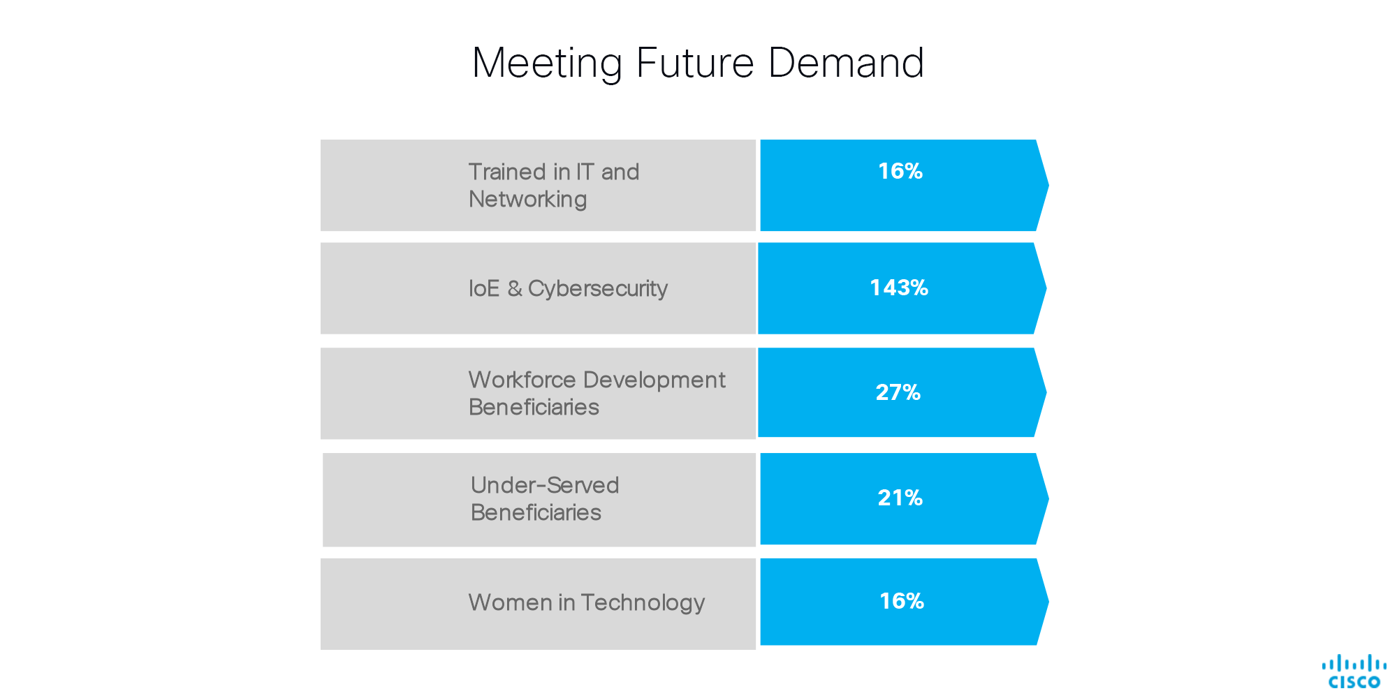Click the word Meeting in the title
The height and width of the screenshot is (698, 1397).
click(x=546, y=64)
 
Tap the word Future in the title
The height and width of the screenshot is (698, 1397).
click(x=695, y=63)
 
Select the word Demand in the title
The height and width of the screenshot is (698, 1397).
click(x=846, y=63)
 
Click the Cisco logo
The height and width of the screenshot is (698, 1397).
click(x=1354, y=671)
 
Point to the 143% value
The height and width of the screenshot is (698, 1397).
click(x=898, y=288)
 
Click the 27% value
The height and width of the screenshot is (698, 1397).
click(x=898, y=392)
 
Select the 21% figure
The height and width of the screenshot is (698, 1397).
click(x=900, y=498)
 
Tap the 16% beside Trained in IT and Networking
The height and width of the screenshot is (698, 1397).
click(x=900, y=171)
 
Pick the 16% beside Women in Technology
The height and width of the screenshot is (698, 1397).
click(x=901, y=601)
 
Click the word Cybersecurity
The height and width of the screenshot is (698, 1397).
click(x=598, y=289)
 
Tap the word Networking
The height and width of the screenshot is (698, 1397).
click(x=527, y=200)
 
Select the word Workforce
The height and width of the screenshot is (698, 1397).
click(x=522, y=380)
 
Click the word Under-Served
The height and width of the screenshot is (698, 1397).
click(x=545, y=485)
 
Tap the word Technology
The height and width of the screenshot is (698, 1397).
click(x=643, y=603)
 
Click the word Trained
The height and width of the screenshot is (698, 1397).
click(x=507, y=172)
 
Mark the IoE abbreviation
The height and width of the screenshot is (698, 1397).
click(x=484, y=288)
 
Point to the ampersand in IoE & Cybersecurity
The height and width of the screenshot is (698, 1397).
click(x=514, y=288)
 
